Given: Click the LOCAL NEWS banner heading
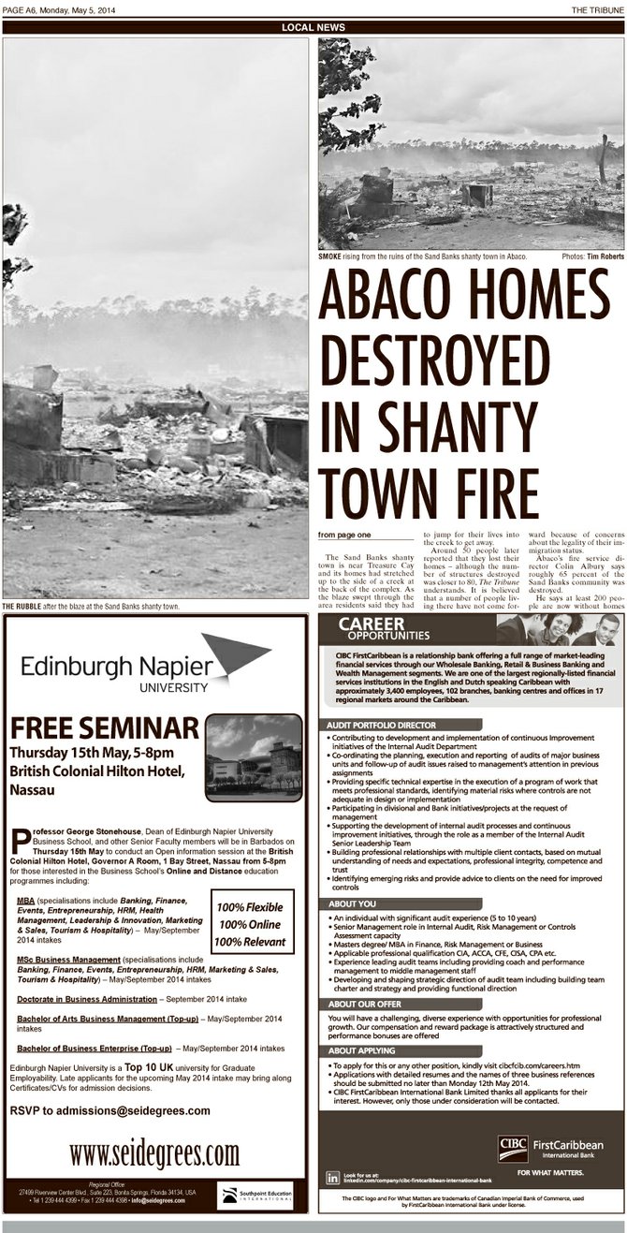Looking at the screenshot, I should pos(313,27).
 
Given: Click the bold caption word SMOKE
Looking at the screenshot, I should pos(330,256).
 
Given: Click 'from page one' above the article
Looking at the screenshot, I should pos(344,535).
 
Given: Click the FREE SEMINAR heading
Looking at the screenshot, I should pos(105,728).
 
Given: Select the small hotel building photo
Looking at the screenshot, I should pos(254,756).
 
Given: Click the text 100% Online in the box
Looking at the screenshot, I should pos(251,924).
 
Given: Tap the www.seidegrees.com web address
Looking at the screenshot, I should pos(155,1151).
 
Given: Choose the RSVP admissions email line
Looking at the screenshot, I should pos(110,1110).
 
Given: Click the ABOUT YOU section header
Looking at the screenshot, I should pos(353,903).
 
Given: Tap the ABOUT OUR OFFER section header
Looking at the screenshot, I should pos(365,1004).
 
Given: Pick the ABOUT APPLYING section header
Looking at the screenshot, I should pos(363,1051).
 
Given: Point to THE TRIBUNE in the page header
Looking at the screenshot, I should pos(598,10).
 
